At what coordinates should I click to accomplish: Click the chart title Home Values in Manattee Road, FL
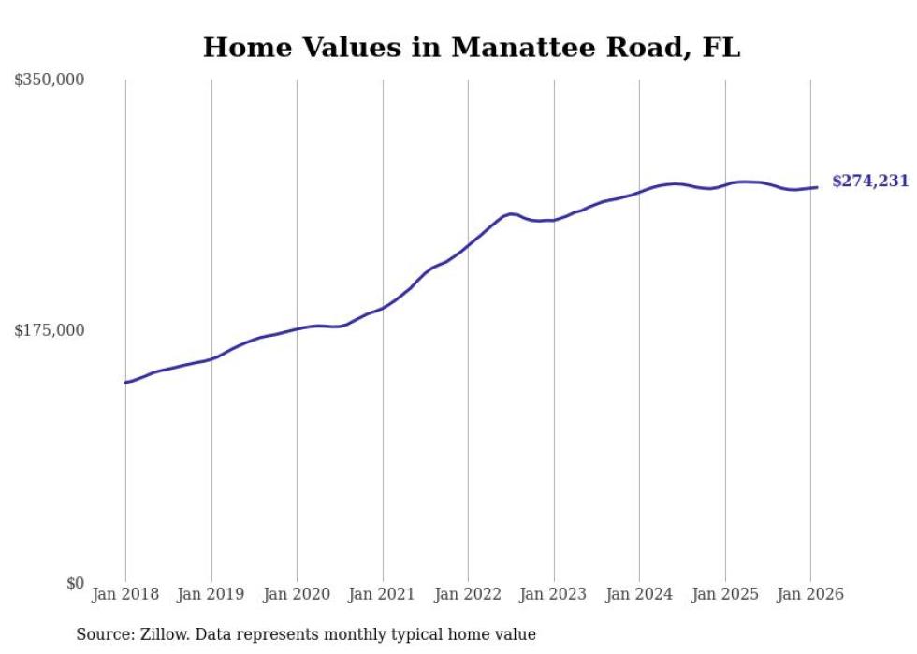(x=472, y=47)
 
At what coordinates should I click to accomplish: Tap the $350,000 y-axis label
(x=49, y=80)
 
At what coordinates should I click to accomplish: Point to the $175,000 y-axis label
(x=49, y=330)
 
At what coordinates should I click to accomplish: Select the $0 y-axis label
(x=75, y=583)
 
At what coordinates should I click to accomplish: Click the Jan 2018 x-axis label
(x=125, y=595)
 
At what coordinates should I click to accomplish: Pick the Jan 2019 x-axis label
(x=211, y=595)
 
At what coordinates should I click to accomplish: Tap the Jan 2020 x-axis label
(x=297, y=595)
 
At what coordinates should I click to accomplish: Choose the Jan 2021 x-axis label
(x=383, y=595)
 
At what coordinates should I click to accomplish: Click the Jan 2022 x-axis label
(x=468, y=595)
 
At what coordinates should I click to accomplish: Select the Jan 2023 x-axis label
(x=554, y=595)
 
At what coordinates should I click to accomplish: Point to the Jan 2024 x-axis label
(x=639, y=595)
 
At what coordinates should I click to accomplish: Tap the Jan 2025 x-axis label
(x=725, y=595)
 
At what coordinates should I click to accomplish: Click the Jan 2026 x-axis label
(x=810, y=595)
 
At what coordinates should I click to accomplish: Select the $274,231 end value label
(x=869, y=182)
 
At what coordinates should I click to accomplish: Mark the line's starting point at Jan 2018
(x=125, y=382)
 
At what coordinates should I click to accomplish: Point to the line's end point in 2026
(x=817, y=187)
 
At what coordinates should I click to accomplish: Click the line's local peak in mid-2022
(x=511, y=213)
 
